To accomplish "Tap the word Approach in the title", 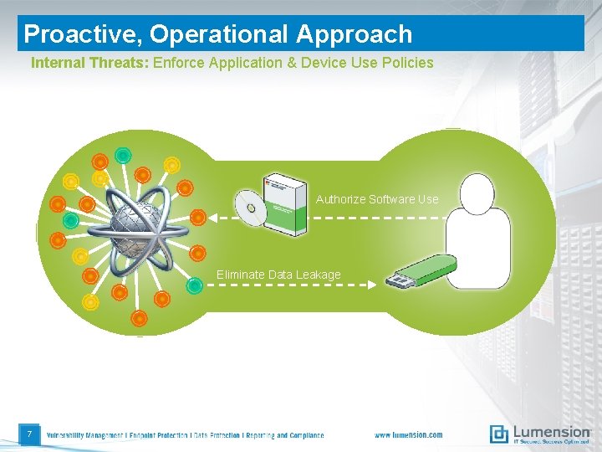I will coord(354,33).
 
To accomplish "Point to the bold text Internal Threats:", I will coord(89,63).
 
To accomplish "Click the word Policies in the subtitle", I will coord(406,63).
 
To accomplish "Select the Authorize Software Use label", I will coord(377,199).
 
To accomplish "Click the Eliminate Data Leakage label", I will coord(278,275).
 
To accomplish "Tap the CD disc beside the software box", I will coord(249,207).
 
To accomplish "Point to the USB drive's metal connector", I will coord(395,280).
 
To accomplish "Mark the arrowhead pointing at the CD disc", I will coord(212,218).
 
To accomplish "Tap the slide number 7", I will coord(29,434).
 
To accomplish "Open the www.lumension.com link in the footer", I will coord(408,435).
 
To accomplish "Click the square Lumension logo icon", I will coord(499,434).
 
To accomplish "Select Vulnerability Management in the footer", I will coord(84,435).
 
